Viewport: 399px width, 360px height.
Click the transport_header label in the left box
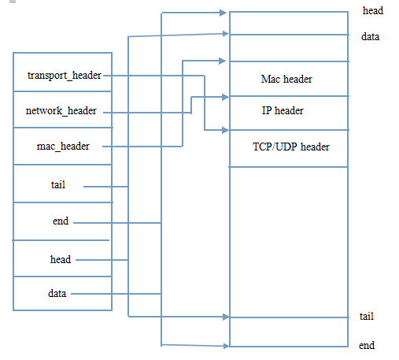[65, 76]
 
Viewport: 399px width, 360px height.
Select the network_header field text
[61, 111]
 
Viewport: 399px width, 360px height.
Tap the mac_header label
[63, 147]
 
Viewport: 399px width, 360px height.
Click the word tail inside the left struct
[58, 184]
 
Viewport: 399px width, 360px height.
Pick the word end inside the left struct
[61, 221]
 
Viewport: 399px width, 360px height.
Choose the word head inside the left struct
[61, 259]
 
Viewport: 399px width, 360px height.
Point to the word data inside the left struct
[57, 293]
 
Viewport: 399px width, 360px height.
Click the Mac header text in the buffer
[286, 79]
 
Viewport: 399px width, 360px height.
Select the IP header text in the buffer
[283, 110]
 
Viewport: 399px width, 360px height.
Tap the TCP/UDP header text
[291, 147]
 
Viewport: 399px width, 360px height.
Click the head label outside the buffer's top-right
[373, 11]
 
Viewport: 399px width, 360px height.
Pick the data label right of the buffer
[370, 36]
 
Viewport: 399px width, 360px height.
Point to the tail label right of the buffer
[367, 316]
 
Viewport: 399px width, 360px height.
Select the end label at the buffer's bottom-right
[367, 345]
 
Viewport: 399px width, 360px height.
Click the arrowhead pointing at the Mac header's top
[222, 61]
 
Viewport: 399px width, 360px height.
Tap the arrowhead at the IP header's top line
[225, 97]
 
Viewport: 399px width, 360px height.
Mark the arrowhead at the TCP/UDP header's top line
[225, 130]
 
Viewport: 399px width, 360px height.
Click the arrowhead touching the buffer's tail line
[226, 317]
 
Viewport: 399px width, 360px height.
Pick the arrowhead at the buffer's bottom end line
[227, 346]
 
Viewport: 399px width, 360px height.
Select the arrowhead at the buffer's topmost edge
[223, 13]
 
